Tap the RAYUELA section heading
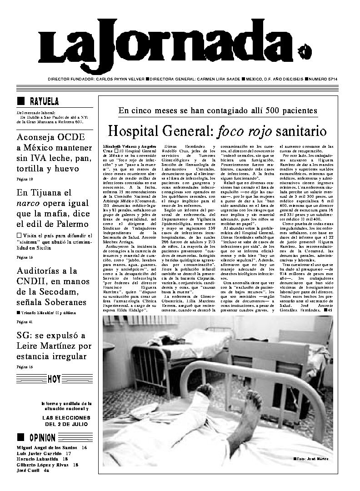click(x=44, y=101)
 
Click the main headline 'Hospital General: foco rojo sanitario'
click(x=217, y=132)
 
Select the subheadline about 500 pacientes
click(x=218, y=110)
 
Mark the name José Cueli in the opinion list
click(x=28, y=471)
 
